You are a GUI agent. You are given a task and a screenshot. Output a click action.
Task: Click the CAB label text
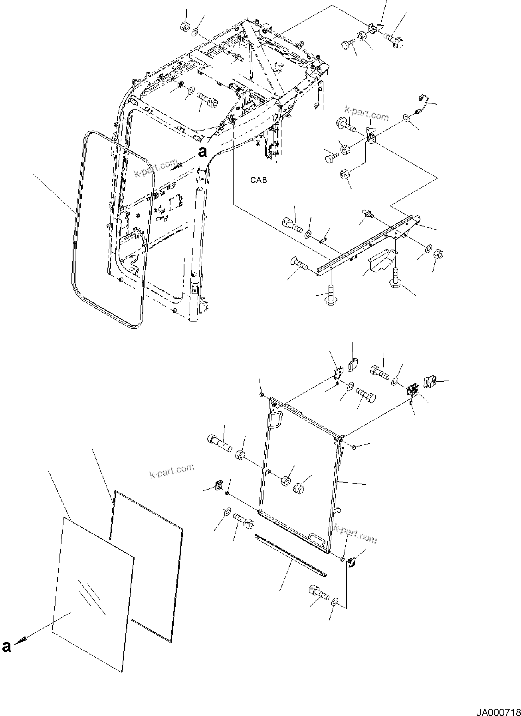pos(258,180)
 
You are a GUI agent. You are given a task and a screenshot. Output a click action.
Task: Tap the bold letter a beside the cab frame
pos(203,152)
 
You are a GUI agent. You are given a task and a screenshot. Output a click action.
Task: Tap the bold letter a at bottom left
pos(6,647)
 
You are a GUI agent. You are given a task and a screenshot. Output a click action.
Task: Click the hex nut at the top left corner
pos(185,27)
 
